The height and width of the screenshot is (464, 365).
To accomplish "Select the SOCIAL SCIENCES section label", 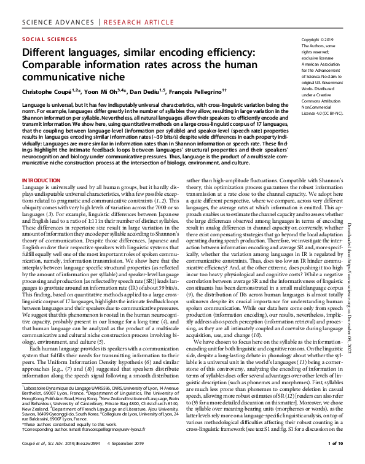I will pyautogui.click(x=45, y=38).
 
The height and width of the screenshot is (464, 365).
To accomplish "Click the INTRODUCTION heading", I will pyautogui.click(x=41, y=180).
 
